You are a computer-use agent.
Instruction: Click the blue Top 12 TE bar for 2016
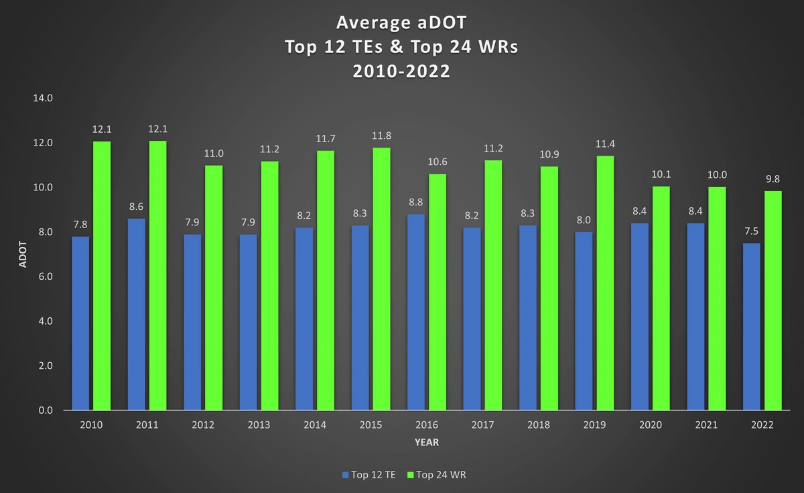point(416,312)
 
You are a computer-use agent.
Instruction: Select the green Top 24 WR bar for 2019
point(605,282)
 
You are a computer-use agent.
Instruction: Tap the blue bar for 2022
point(752,326)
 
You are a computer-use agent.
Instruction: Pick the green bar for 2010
point(102,275)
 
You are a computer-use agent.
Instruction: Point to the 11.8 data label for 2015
point(382,135)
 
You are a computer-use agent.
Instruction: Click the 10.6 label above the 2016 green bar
point(438,162)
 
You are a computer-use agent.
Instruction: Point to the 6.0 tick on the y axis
point(44,276)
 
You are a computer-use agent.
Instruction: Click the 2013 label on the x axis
point(259,425)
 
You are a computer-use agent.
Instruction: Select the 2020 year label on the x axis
point(650,425)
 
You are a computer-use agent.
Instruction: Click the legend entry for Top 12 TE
point(368,474)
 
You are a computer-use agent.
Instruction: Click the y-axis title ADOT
point(22,254)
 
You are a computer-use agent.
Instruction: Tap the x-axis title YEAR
point(426,443)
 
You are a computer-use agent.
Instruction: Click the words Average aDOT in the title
point(401,23)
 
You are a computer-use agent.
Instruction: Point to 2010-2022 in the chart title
point(401,71)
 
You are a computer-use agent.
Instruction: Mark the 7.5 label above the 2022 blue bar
point(751,231)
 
